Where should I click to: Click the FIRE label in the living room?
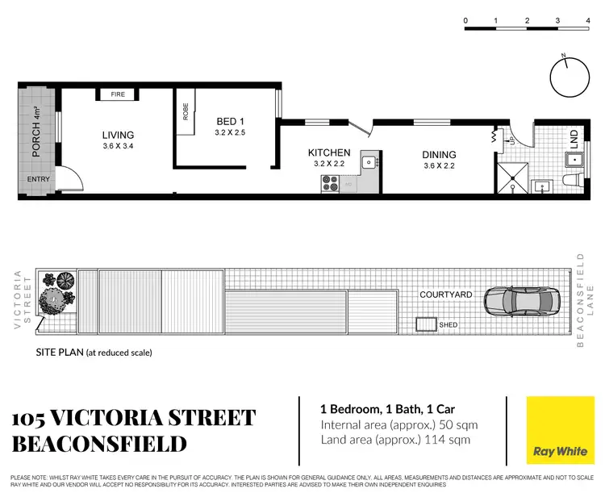pos(118,95)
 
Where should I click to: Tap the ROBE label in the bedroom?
pos(185,111)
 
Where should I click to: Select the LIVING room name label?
pos(118,135)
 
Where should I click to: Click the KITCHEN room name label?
pos(329,152)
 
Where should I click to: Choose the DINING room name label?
pos(439,155)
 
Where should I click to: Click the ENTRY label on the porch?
pos(38,179)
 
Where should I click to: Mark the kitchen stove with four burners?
pos(331,185)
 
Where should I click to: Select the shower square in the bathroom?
pos(511,179)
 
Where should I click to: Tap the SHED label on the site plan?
pos(449,325)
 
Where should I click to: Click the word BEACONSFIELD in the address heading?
pos(99,444)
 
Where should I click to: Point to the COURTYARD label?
pos(446,294)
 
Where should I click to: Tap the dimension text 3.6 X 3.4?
pos(118,146)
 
